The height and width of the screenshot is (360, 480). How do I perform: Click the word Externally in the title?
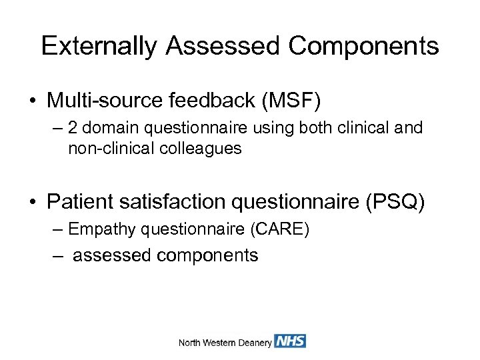coord(99,46)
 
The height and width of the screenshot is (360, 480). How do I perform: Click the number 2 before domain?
coord(73,128)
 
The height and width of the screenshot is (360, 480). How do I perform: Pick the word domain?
coord(107,128)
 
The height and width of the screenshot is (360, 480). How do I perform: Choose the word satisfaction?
coord(179,201)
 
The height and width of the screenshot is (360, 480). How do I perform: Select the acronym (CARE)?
coord(279,230)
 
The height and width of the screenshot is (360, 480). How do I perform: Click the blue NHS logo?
coord(290,341)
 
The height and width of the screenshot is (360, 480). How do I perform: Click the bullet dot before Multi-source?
coord(33,102)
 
